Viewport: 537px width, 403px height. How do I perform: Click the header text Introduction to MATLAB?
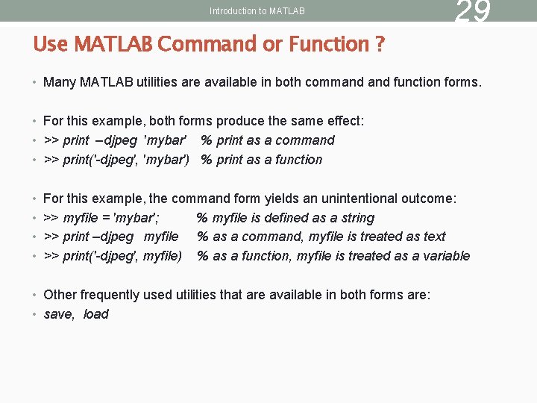pyautogui.click(x=257, y=11)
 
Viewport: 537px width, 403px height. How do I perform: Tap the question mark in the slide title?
pyautogui.click(x=380, y=45)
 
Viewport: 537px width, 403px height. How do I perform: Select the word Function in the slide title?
pyautogui.click(x=327, y=45)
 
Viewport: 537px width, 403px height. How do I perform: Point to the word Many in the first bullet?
pyautogui.click(x=59, y=82)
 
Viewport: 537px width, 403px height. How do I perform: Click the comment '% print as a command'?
pyautogui.click(x=268, y=140)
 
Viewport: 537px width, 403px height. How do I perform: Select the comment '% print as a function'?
pyautogui.click(x=262, y=160)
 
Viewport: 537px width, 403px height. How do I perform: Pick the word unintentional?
pyautogui.click(x=351, y=199)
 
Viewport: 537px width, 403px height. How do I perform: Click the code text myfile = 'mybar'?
pyautogui.click(x=110, y=218)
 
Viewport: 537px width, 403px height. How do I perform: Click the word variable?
pyautogui.click(x=447, y=256)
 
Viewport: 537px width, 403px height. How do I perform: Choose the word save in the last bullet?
pyautogui.click(x=59, y=314)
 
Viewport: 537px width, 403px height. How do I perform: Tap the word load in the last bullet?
pyautogui.click(x=96, y=314)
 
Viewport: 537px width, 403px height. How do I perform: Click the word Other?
pyautogui.click(x=60, y=295)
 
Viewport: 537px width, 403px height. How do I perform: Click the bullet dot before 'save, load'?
pyautogui.click(x=36, y=314)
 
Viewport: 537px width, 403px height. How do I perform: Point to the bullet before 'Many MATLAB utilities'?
pyautogui.click(x=36, y=82)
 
